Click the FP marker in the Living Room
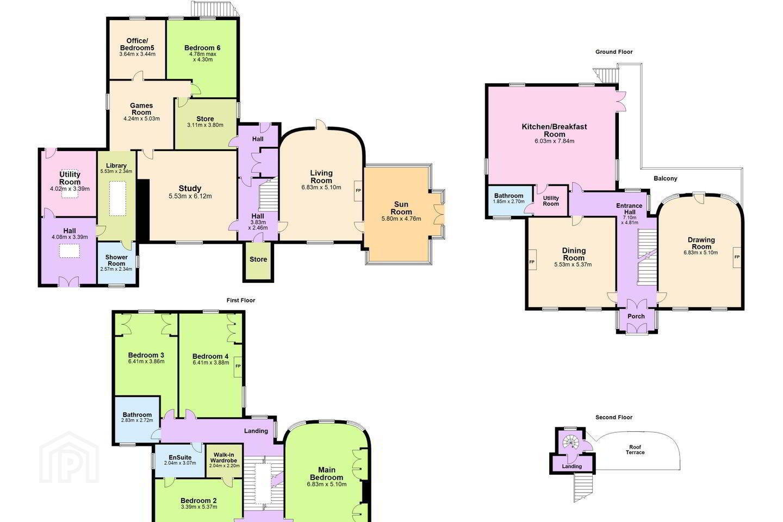tap(358, 190)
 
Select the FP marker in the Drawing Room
tap(737, 257)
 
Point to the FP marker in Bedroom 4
tap(238, 366)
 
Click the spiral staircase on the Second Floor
tap(570, 441)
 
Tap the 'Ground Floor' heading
tap(614, 52)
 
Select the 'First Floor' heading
tap(241, 300)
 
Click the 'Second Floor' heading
tap(614, 417)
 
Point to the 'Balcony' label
tap(665, 178)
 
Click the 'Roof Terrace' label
tap(635, 450)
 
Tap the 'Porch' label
tap(636, 316)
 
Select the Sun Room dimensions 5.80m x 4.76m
tap(401, 219)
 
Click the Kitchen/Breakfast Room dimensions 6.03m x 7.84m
tap(555, 141)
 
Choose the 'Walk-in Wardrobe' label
tap(225, 458)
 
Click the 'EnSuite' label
tap(180, 457)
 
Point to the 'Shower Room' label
tap(116, 260)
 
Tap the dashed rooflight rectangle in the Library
tap(117, 198)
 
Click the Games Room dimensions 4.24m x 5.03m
tap(141, 119)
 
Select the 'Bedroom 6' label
tap(202, 48)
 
